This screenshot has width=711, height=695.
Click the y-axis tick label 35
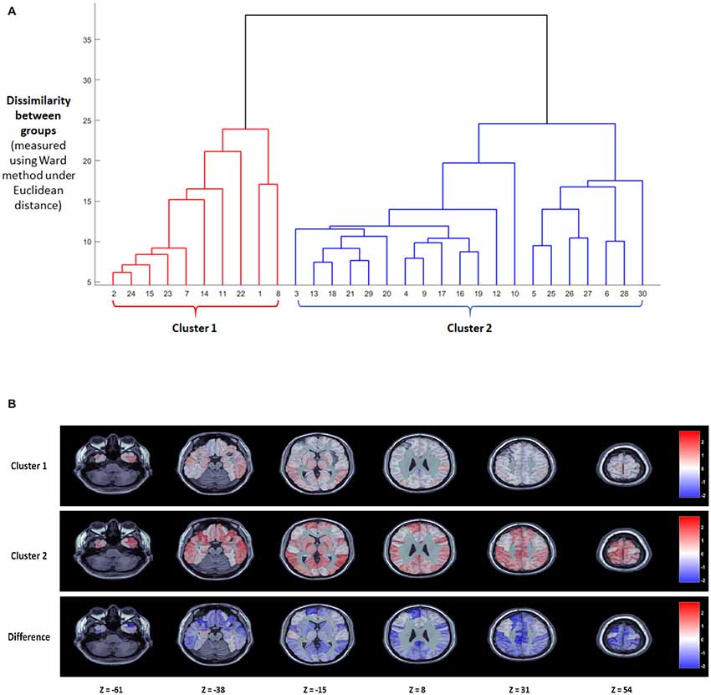coord(87,39)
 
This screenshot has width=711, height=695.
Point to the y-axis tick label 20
coord(87,161)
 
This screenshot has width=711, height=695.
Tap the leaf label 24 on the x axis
coord(131,294)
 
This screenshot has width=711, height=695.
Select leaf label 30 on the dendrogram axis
coord(642,294)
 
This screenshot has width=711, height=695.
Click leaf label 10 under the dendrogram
coord(514,294)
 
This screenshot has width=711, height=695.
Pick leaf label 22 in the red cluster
coord(241,294)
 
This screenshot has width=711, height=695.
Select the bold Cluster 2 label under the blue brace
coord(469,328)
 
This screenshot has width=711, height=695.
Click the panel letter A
coord(11,10)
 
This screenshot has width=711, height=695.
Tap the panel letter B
coord(11,404)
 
